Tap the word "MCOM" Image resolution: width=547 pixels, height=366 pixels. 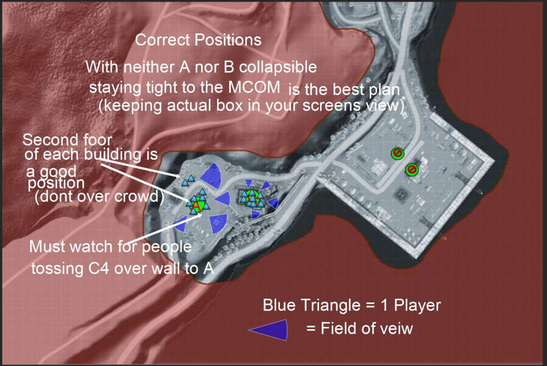[x=254, y=87]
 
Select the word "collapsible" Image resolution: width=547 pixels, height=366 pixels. [x=278, y=67]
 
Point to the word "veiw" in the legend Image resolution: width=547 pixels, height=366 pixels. [x=397, y=329]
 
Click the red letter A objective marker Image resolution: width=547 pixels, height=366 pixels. [x=197, y=206]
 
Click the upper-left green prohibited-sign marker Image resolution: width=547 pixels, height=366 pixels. [x=397, y=153]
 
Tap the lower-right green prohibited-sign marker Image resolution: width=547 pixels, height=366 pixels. [x=412, y=169]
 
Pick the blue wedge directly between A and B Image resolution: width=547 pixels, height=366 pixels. [x=224, y=199]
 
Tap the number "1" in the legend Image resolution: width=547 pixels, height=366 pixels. [x=385, y=305]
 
